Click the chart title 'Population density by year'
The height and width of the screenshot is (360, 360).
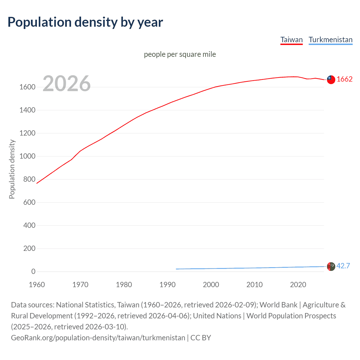85,22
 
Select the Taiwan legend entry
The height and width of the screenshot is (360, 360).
291,40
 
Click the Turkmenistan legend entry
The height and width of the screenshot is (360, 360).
330,40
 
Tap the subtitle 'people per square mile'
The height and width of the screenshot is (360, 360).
180,54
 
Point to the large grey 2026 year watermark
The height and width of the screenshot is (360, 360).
67,83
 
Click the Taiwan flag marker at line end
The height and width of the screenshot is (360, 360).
331,80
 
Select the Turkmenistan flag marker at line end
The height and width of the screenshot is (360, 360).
331,266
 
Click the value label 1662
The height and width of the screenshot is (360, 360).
345,79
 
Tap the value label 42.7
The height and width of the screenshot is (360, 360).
343,266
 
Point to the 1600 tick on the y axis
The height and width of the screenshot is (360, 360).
27,87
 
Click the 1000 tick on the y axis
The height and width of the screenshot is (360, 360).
27,156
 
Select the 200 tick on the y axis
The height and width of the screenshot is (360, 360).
29,249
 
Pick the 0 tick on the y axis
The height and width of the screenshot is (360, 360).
33,272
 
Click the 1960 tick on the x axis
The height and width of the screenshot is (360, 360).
37,285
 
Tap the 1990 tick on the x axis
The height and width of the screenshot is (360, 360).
167,285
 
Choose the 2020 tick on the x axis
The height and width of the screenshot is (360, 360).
298,285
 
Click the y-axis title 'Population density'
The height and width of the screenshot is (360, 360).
12,169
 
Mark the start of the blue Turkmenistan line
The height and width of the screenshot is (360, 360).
176,269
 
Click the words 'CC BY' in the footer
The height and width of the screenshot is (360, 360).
201,338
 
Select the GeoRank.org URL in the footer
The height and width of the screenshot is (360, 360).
98,338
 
